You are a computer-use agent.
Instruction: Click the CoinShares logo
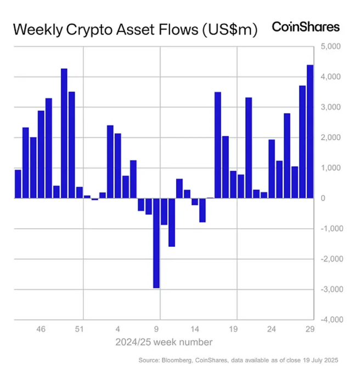pos(306,27)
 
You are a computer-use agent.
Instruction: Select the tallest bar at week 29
pos(310,132)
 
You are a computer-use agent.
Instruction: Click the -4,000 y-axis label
pos(328,319)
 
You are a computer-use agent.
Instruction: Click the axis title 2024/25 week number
pos(164,342)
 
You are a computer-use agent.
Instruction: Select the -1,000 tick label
pos(328,228)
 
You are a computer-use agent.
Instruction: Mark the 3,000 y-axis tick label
pos(329,107)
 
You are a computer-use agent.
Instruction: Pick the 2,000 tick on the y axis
pos(329,137)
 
